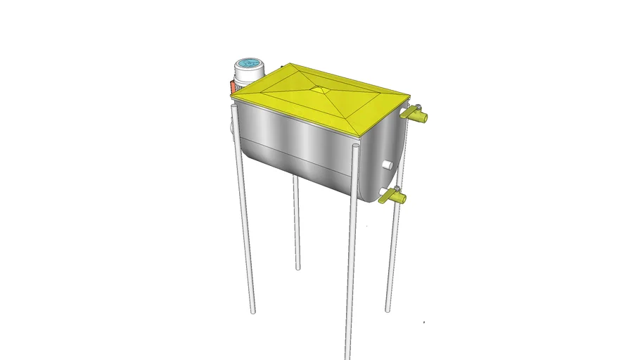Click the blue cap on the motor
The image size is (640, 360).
(x=248, y=64)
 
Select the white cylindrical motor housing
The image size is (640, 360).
(x=247, y=76)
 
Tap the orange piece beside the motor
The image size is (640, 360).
(x=231, y=88)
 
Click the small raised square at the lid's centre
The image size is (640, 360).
(x=321, y=89)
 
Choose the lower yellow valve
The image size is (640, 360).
(x=393, y=198)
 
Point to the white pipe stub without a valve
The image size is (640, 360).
(x=387, y=165)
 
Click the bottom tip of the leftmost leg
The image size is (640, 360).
(x=252, y=311)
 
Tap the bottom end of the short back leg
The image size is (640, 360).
(x=298, y=268)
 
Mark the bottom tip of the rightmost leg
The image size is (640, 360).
(x=388, y=310)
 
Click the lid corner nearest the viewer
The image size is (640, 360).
(x=359, y=135)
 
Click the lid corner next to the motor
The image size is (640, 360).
(x=233, y=98)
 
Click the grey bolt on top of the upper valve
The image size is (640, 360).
(x=417, y=107)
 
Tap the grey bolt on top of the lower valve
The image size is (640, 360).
(x=396, y=189)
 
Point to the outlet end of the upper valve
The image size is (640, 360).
(x=425, y=117)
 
